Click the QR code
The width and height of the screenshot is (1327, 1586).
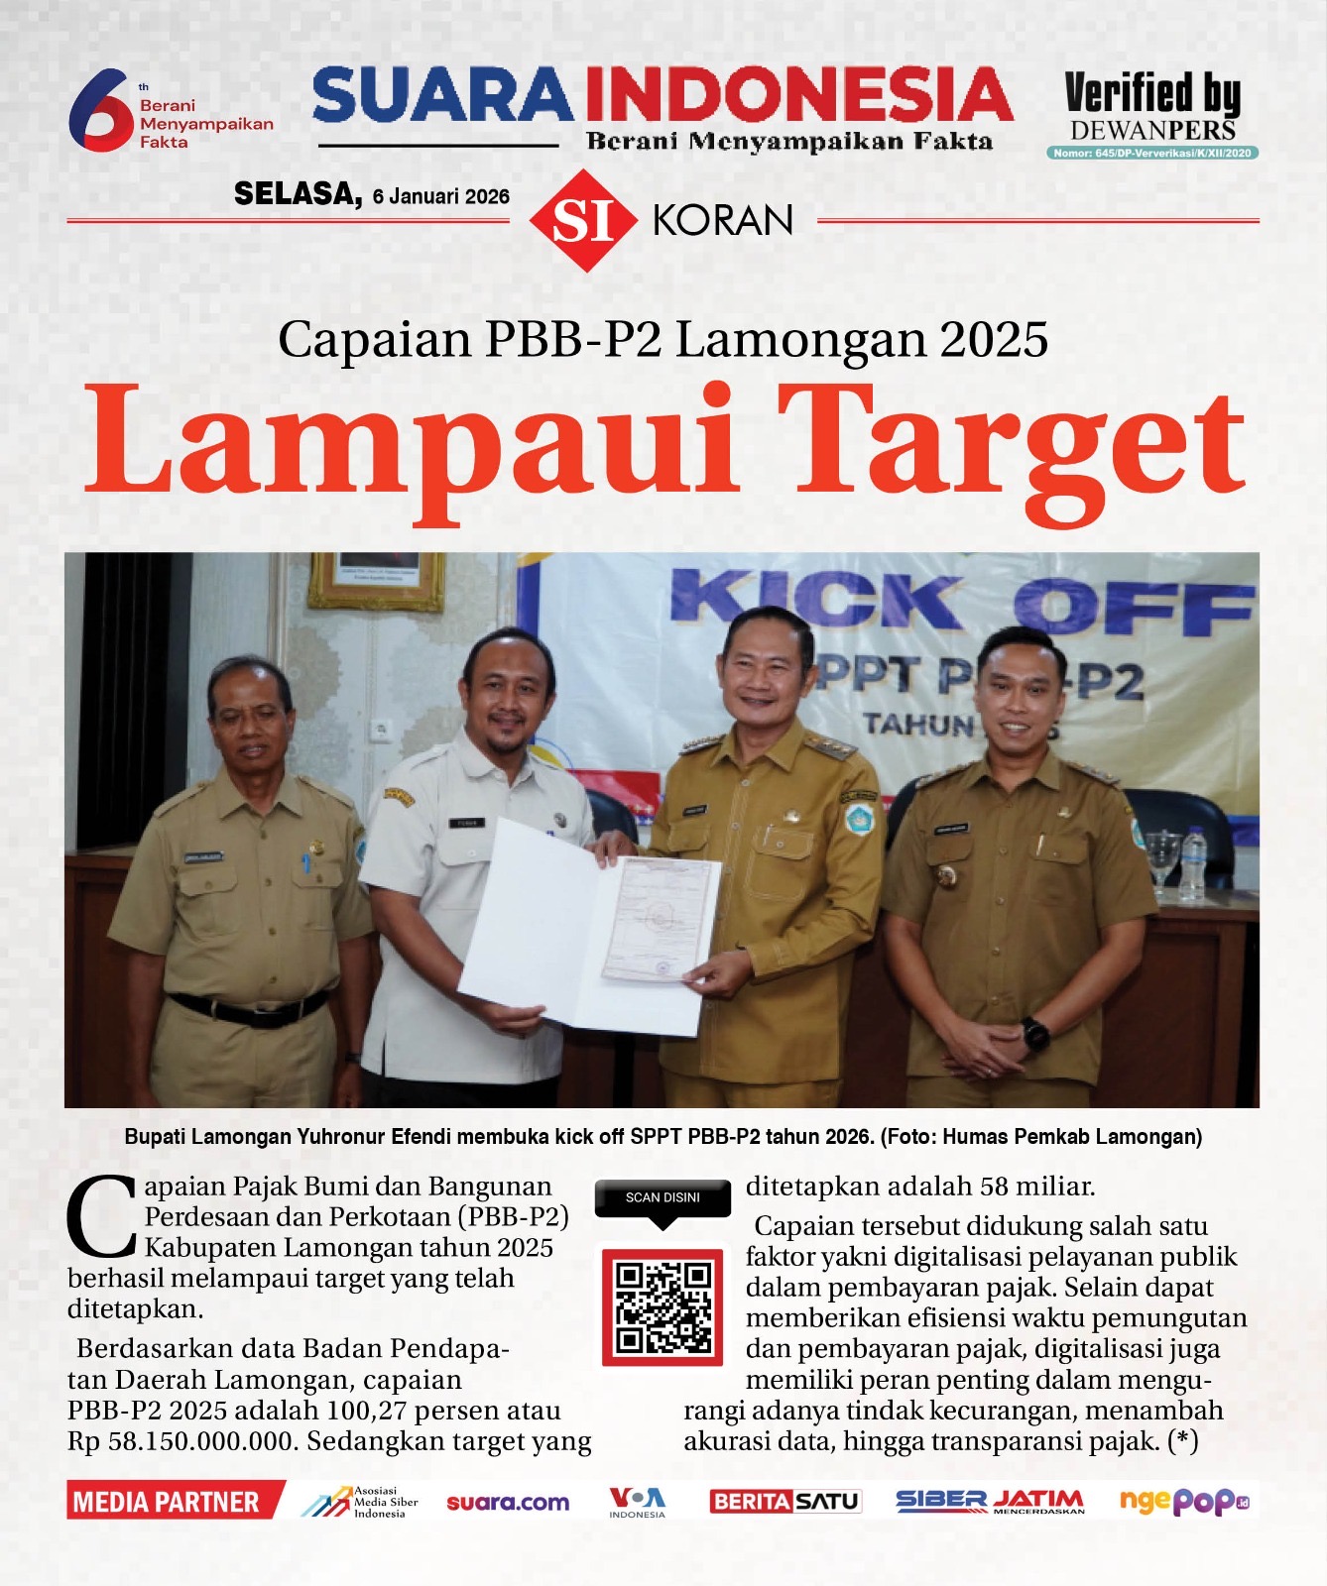663,1306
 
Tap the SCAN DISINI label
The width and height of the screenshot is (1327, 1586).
663,1197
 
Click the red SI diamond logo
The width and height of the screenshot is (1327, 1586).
583,220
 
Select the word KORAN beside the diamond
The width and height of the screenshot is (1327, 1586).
723,220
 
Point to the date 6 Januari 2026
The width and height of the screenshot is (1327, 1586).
440,196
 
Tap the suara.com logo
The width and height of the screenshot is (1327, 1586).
508,1503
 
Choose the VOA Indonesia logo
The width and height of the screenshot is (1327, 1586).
637,1502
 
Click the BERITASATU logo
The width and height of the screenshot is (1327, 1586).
784,1502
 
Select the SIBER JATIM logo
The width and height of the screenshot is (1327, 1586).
989,1502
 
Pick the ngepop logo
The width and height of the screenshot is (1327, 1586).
1183,1502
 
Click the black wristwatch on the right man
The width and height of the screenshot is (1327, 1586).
1035,1034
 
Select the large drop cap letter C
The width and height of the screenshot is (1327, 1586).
100,1216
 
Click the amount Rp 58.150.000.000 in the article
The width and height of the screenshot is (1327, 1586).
182,1441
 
